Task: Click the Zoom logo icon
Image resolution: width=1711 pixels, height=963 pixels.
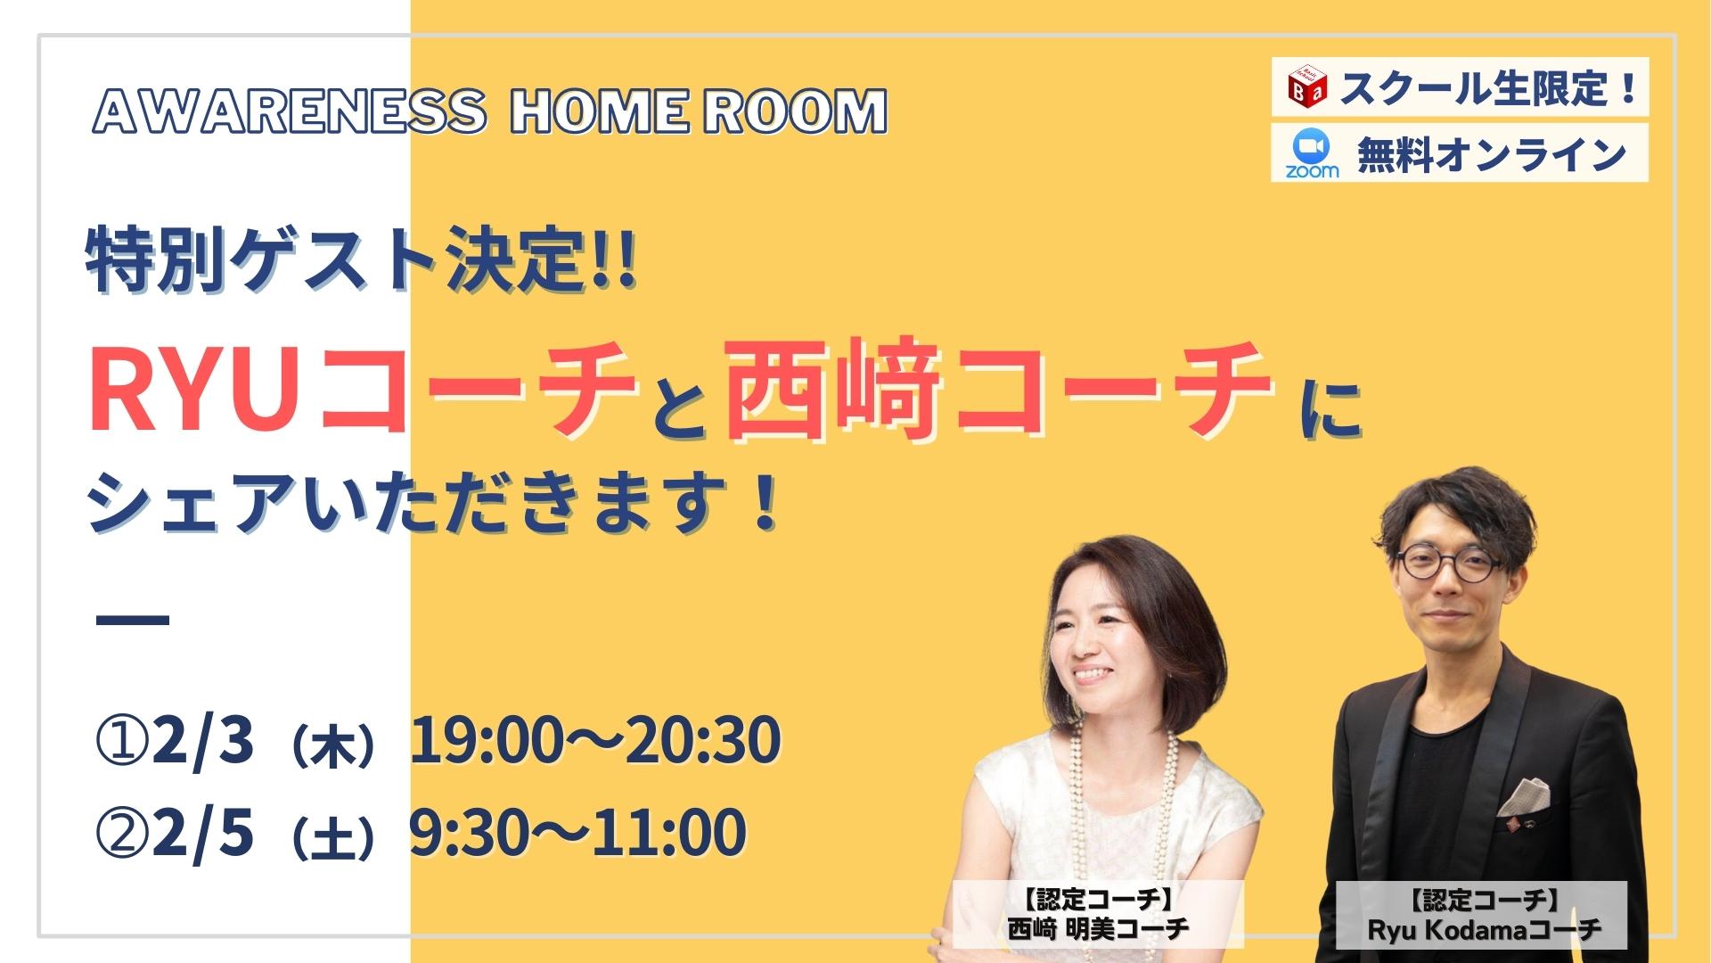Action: [1312, 152]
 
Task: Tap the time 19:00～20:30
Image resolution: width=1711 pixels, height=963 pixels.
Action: [595, 740]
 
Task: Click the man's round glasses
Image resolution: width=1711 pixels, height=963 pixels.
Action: [1447, 563]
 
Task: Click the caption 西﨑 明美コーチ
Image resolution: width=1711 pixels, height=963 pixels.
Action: [1099, 928]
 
